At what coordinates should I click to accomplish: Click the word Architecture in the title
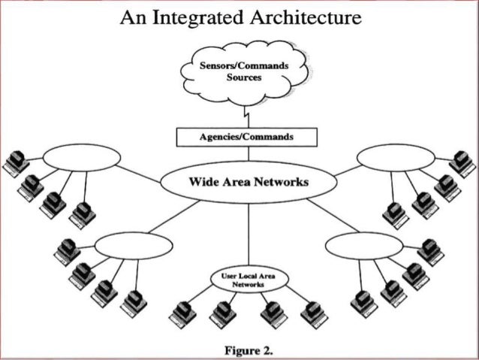(x=303, y=16)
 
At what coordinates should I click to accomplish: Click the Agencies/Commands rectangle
(x=246, y=138)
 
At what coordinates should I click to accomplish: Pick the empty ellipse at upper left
(x=81, y=158)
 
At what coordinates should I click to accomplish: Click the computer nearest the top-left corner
(x=15, y=162)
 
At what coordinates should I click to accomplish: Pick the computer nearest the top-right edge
(x=462, y=162)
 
